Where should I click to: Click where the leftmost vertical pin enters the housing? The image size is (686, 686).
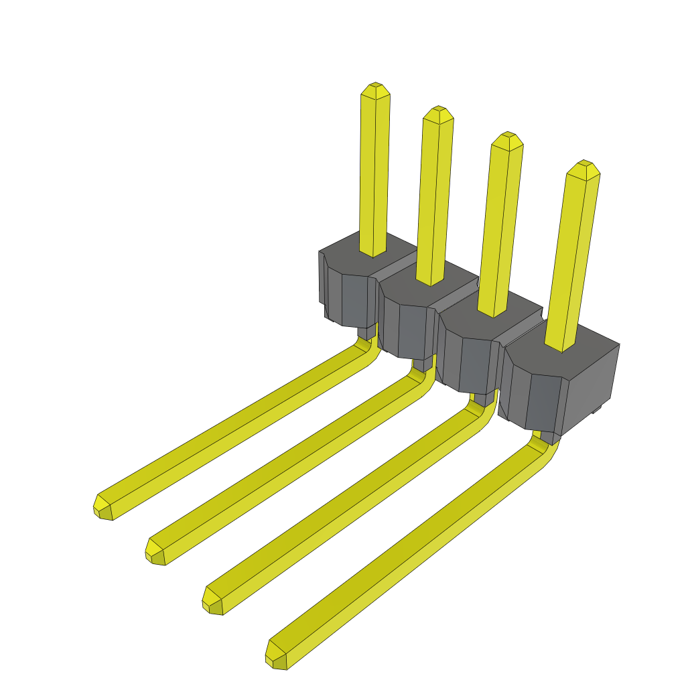point(373,253)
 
